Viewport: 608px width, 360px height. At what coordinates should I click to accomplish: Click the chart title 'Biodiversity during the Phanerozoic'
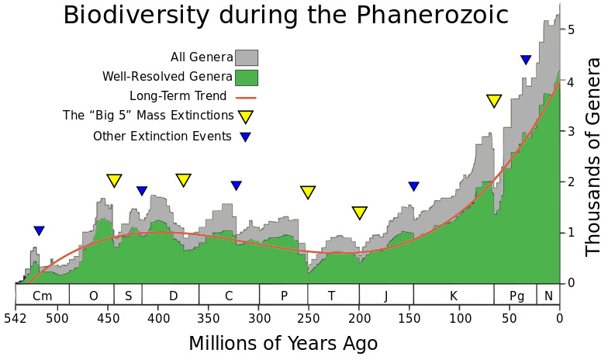[285, 16]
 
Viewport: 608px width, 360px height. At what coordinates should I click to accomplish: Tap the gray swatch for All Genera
[247, 57]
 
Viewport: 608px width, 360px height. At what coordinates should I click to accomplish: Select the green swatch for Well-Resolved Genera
[247, 77]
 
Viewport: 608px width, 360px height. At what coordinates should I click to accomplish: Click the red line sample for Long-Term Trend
[246, 97]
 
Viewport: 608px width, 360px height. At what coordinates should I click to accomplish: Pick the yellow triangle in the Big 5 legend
[246, 116]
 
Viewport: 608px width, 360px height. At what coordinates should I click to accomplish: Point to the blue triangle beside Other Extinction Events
[246, 137]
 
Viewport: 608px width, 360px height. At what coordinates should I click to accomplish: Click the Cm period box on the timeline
[43, 296]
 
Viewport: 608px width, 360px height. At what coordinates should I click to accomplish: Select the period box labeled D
[173, 296]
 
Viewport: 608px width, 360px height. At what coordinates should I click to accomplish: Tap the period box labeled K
[454, 296]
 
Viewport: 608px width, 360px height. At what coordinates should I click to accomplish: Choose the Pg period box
[516, 296]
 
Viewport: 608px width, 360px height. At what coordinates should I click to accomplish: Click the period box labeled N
[549, 296]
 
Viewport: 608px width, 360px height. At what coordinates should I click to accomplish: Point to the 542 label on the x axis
[16, 317]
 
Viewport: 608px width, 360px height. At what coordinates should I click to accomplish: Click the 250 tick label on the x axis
[309, 317]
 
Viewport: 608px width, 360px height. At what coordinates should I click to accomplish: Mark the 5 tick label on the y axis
[571, 30]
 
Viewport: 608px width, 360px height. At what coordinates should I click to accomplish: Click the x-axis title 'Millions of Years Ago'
[283, 343]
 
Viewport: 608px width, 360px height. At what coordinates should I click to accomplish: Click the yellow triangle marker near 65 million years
[495, 101]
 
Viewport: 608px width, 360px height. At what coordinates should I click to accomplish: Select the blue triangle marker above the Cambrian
[40, 230]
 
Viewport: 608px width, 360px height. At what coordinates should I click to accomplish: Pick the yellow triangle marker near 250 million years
[308, 192]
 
